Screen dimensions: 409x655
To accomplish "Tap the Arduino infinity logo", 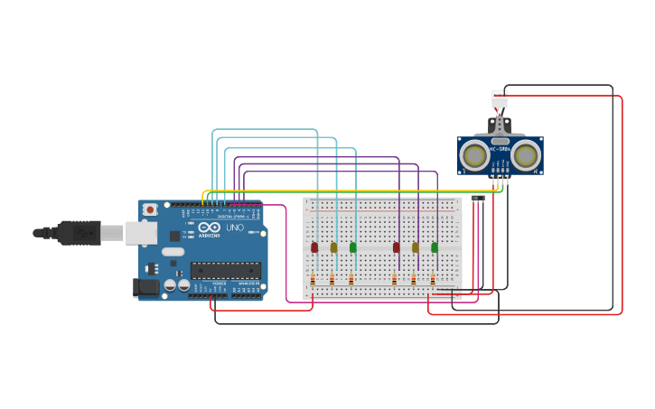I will (x=209, y=228).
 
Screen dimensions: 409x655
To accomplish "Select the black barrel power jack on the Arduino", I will (x=145, y=288).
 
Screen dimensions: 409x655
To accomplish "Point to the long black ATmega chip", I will (x=225, y=269).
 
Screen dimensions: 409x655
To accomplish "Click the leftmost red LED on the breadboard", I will (x=314, y=246).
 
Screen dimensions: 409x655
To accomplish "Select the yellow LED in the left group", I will (x=333, y=246).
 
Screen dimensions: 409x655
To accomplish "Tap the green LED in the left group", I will (x=353, y=246).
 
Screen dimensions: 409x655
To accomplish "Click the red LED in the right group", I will (x=396, y=246).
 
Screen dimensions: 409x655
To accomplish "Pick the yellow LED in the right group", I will (x=416, y=246).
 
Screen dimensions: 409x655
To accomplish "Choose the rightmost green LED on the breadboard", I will (x=435, y=246).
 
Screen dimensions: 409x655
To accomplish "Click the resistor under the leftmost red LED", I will (x=313, y=280).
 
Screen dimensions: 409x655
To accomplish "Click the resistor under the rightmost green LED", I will (x=433, y=280).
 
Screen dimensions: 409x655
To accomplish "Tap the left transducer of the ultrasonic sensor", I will (x=474, y=155).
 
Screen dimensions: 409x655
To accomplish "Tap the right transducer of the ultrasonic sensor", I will (x=526, y=155).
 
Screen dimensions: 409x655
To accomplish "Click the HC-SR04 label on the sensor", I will (x=500, y=149).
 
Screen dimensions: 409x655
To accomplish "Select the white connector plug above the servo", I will (x=500, y=98).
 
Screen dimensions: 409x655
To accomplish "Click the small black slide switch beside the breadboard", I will (x=477, y=198).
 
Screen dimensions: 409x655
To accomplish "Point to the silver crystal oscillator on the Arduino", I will (x=173, y=252).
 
